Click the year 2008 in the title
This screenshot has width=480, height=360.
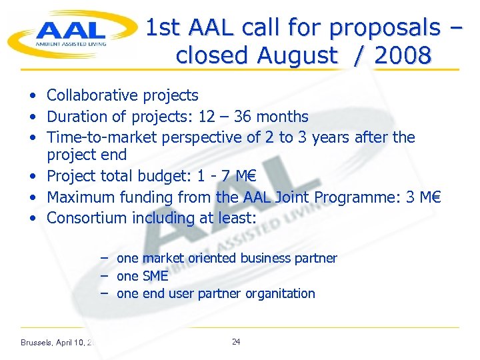(x=403, y=56)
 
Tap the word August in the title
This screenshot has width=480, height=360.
(x=293, y=56)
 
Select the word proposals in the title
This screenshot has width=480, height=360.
(x=385, y=27)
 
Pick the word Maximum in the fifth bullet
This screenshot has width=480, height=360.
(x=83, y=197)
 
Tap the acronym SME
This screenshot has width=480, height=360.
(x=155, y=276)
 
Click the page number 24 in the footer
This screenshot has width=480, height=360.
(x=236, y=342)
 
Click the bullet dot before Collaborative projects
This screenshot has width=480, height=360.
(x=33, y=97)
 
